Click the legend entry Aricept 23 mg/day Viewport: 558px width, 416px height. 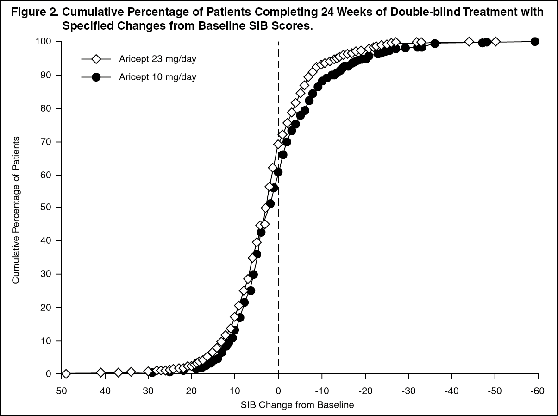(x=157, y=59)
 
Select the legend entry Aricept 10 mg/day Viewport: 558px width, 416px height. (x=157, y=77)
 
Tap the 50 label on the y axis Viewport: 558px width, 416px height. (x=46, y=207)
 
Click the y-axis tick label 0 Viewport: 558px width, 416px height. (x=49, y=374)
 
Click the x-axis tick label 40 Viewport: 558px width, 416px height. (x=105, y=391)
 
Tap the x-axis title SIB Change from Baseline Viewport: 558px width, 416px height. (x=297, y=405)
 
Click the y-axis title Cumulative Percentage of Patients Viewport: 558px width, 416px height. (x=16, y=210)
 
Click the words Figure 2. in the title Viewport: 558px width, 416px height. (x=35, y=12)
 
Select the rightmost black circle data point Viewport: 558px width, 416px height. (x=535, y=41)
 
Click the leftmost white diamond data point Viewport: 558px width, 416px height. (x=66, y=374)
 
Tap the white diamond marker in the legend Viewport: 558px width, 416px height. (x=96, y=59)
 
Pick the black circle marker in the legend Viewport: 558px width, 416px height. (x=96, y=77)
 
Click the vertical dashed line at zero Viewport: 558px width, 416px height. (x=278, y=208)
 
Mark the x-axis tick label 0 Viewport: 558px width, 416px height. (x=278, y=391)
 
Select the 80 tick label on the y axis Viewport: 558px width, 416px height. (x=46, y=108)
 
